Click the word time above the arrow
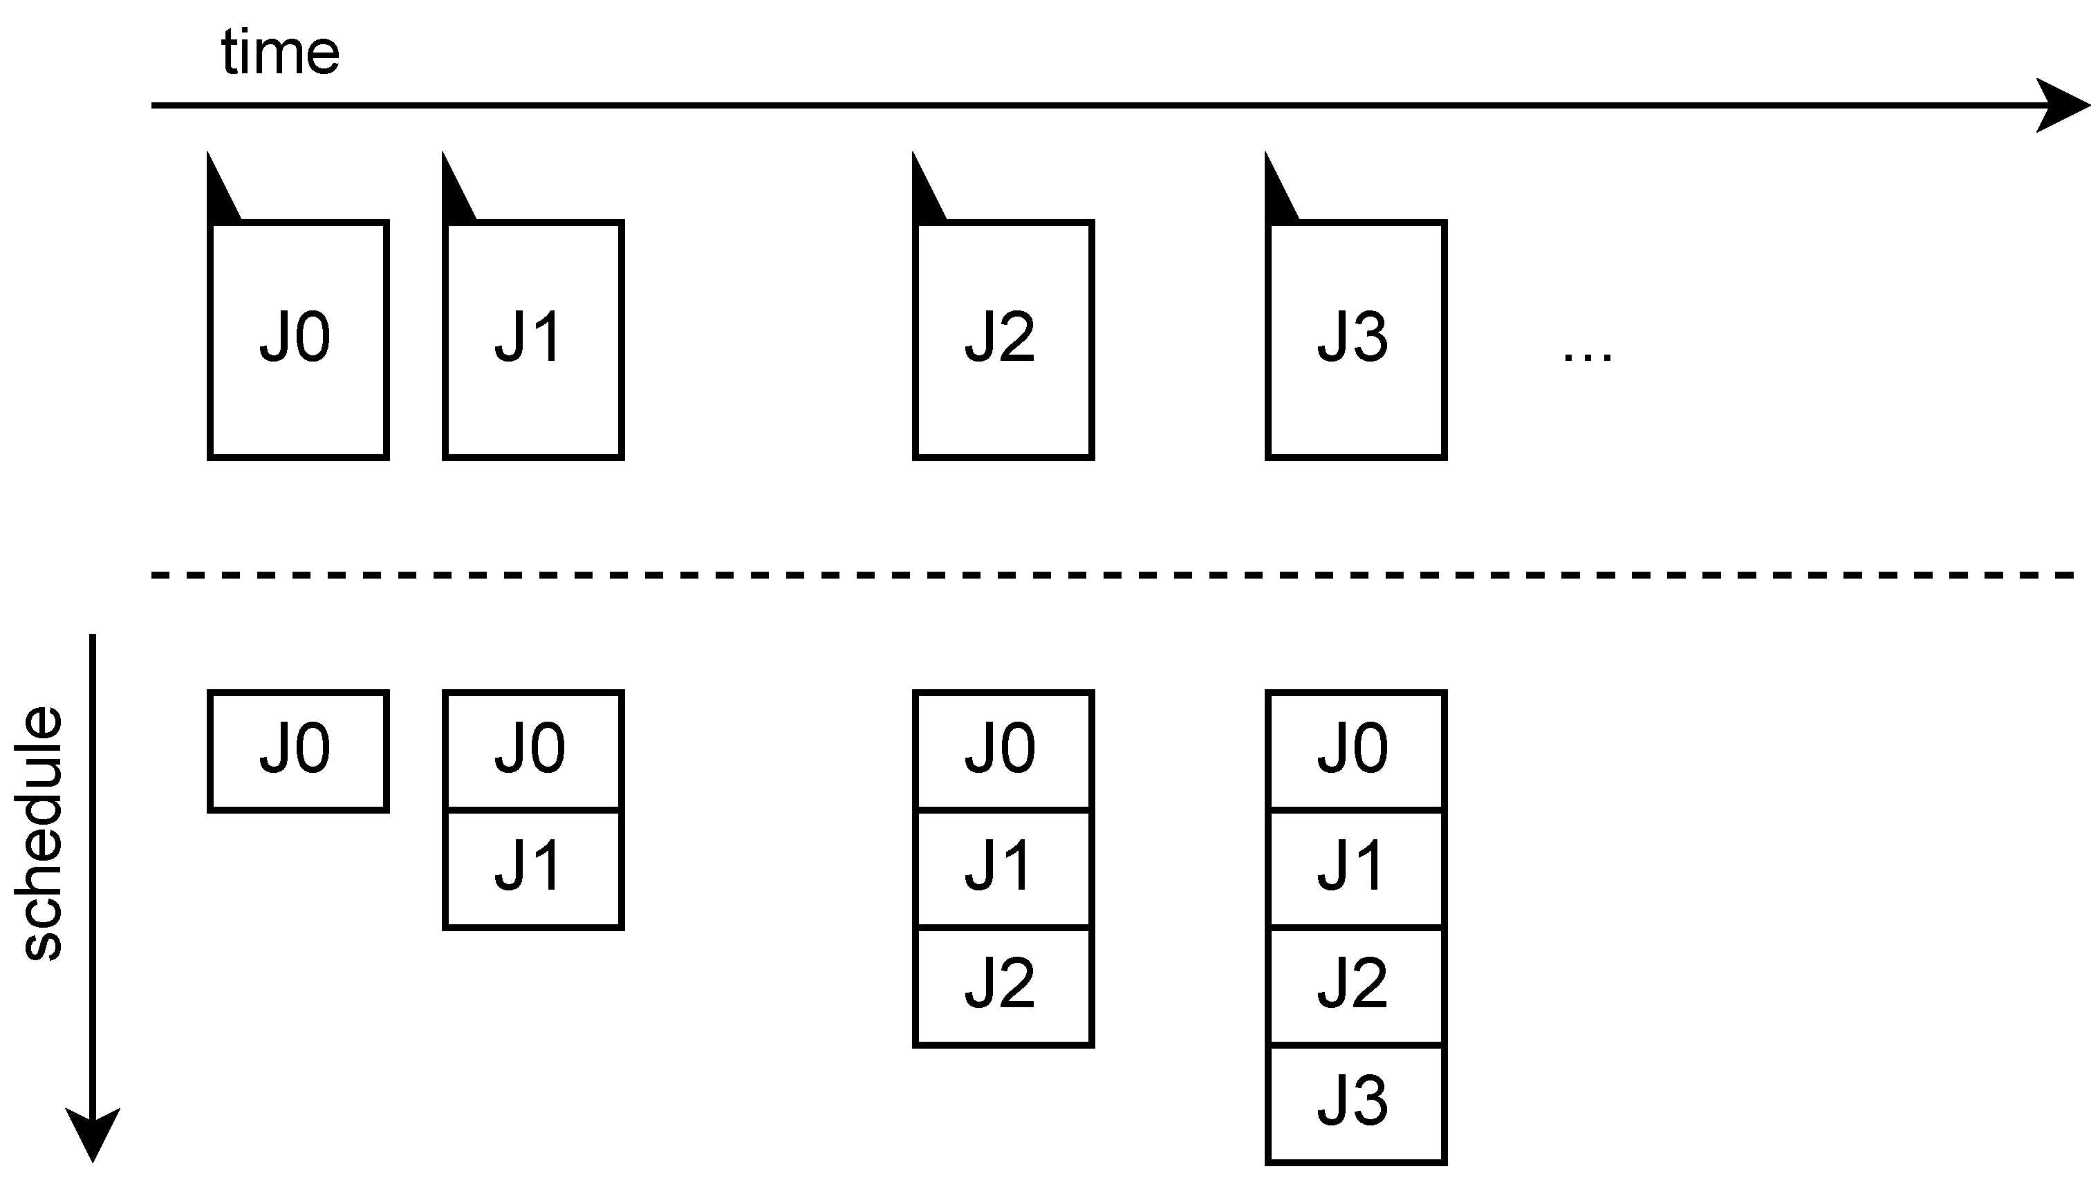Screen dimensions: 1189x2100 click(x=280, y=53)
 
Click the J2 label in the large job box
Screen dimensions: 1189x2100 click(x=1001, y=337)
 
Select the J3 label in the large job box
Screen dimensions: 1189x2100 click(x=1353, y=337)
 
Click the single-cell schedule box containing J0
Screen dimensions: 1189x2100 click(x=298, y=751)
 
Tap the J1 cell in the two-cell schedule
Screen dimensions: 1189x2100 click(x=533, y=869)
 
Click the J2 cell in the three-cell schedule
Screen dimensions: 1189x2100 click(x=1003, y=986)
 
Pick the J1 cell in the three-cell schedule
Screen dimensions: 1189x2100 click(x=1003, y=869)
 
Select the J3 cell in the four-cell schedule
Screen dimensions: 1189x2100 click(x=1356, y=1103)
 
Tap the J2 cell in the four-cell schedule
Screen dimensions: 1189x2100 click(x=1356, y=986)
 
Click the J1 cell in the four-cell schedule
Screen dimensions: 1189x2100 click(x=1356, y=869)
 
